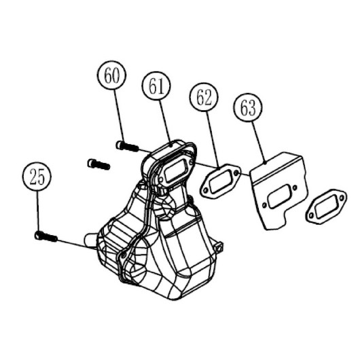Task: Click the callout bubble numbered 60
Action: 111,75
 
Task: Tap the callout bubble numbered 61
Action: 156,86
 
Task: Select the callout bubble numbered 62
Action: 204,97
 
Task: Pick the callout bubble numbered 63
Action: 248,107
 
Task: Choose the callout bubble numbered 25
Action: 37,176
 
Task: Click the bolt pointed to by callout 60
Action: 128,146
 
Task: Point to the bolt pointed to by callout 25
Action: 46,236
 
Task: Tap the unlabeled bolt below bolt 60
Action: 99,164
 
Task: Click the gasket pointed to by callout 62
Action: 220,181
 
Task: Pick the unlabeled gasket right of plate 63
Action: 327,206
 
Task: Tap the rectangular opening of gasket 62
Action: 220,181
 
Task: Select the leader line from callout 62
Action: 213,139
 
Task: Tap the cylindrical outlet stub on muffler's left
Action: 91,241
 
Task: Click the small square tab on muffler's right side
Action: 219,246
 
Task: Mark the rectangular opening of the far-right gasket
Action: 327,206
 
